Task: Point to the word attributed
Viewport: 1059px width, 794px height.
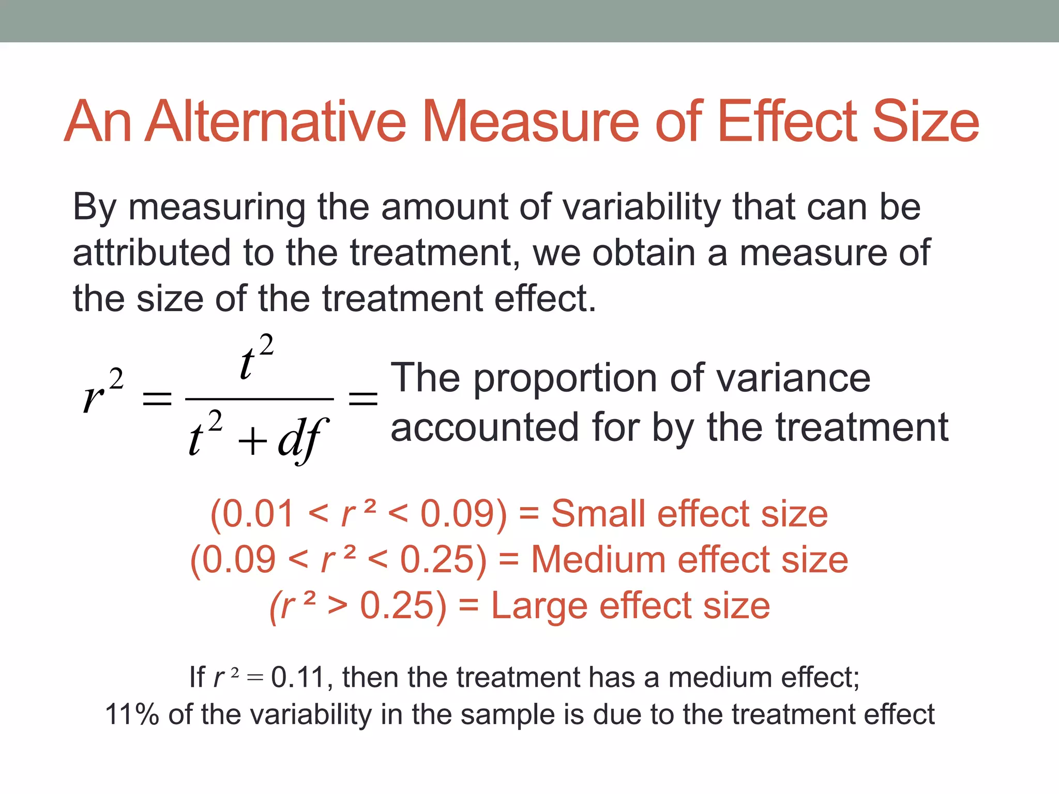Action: click(151, 253)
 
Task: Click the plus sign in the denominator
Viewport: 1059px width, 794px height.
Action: click(252, 442)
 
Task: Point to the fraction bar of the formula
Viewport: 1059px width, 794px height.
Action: click(259, 399)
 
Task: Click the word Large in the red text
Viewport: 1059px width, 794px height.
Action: click(539, 606)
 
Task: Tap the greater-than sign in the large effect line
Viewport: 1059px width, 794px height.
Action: click(337, 606)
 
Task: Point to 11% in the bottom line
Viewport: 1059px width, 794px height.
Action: click(132, 715)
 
